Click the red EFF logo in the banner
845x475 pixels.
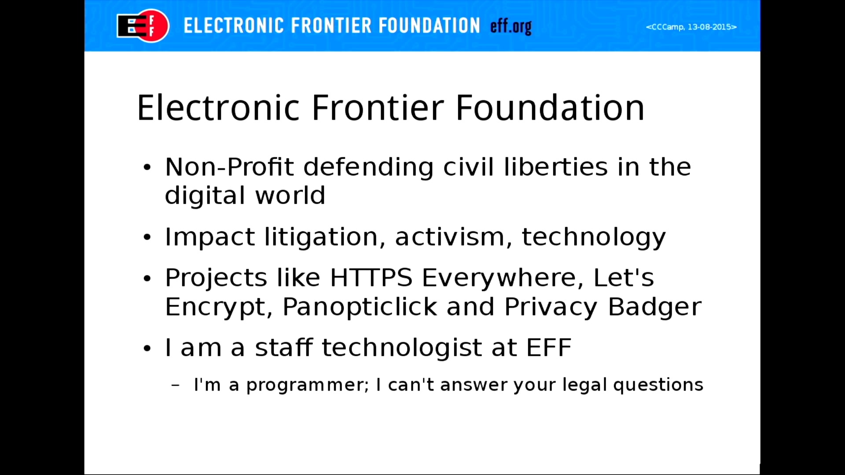click(x=143, y=26)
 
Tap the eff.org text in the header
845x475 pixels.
click(x=511, y=26)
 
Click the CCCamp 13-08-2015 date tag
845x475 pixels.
click(x=691, y=27)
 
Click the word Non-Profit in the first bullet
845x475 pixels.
click(x=229, y=167)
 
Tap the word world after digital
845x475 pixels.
click(x=290, y=195)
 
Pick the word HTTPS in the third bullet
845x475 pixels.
click(x=371, y=278)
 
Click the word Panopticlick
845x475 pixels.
click(x=360, y=307)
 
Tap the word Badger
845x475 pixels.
click(x=654, y=307)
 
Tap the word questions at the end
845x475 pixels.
click(x=658, y=385)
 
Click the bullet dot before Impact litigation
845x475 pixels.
click(x=147, y=237)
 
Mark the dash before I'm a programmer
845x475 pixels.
click(x=175, y=386)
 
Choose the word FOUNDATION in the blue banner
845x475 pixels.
click(x=429, y=26)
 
